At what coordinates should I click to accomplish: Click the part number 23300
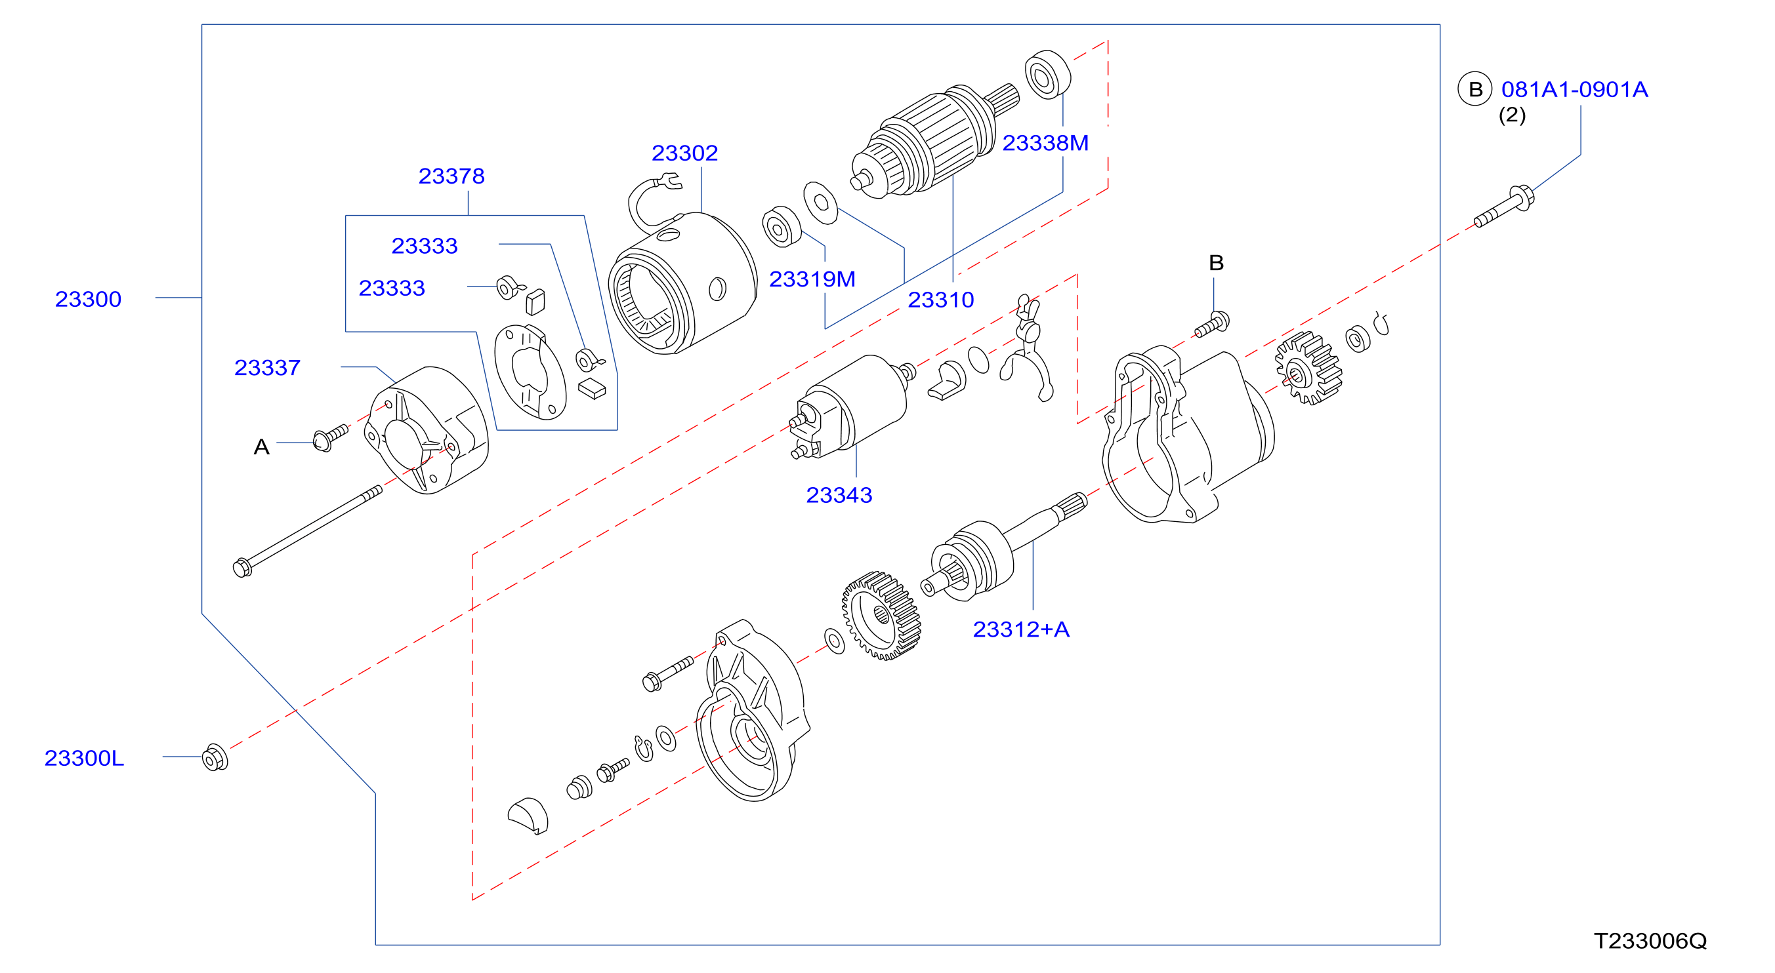[x=88, y=299]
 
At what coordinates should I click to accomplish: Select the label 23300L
[x=84, y=757]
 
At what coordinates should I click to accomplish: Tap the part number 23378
[x=451, y=176]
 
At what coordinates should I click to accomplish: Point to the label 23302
[x=685, y=152]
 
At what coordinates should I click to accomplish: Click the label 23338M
[x=1045, y=142]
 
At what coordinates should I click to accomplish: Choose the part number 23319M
[x=812, y=279]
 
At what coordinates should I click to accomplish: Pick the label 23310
[x=940, y=300]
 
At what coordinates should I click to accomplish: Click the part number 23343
[x=839, y=494]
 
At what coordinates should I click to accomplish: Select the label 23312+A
[x=1020, y=629]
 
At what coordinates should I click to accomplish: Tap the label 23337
[x=267, y=367]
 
